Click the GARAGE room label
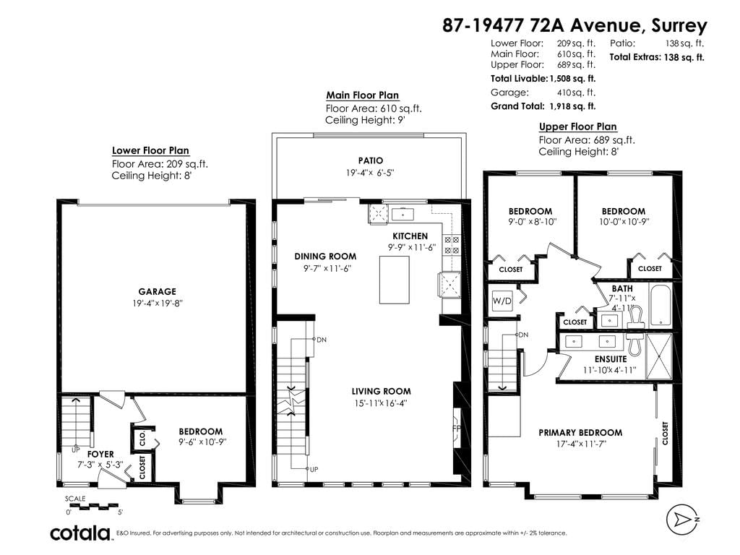click(157, 292)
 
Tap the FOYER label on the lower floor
click(100, 454)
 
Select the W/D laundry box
click(502, 301)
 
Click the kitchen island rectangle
click(395, 280)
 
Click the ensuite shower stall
click(659, 356)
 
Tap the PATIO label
click(371, 160)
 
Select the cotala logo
click(80, 533)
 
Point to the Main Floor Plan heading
click(363, 95)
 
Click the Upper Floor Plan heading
click(577, 126)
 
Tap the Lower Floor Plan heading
click(150, 150)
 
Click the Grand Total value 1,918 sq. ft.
click(572, 106)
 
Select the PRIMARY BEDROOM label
click(580, 432)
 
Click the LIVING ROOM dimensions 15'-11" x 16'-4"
click(381, 403)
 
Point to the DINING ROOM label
click(325, 257)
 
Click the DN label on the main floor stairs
click(322, 340)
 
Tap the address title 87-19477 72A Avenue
click(542, 25)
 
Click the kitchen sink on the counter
click(403, 214)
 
